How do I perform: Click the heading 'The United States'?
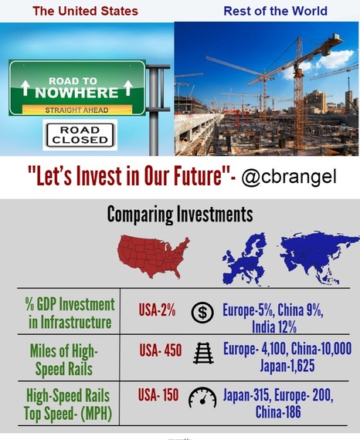[x=86, y=12]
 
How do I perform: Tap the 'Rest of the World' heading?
[x=276, y=12]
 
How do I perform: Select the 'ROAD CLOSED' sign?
[x=80, y=135]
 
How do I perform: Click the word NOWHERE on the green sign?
[x=76, y=93]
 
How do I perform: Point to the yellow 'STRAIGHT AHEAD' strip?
[x=77, y=110]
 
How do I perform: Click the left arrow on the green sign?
[x=25, y=87]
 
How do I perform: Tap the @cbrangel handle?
[x=289, y=177]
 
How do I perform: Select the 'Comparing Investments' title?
[x=180, y=215]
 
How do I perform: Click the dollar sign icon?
[x=202, y=313]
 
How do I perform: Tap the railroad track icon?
[x=203, y=353]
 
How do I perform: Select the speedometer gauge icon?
[x=202, y=398]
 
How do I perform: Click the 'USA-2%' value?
[x=158, y=310]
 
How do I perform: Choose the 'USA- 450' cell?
[x=161, y=350]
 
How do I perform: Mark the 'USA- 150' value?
[x=158, y=395]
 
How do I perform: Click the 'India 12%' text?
[x=274, y=327]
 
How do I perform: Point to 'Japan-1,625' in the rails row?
[x=287, y=366]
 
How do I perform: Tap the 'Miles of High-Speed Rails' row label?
[x=64, y=360]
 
